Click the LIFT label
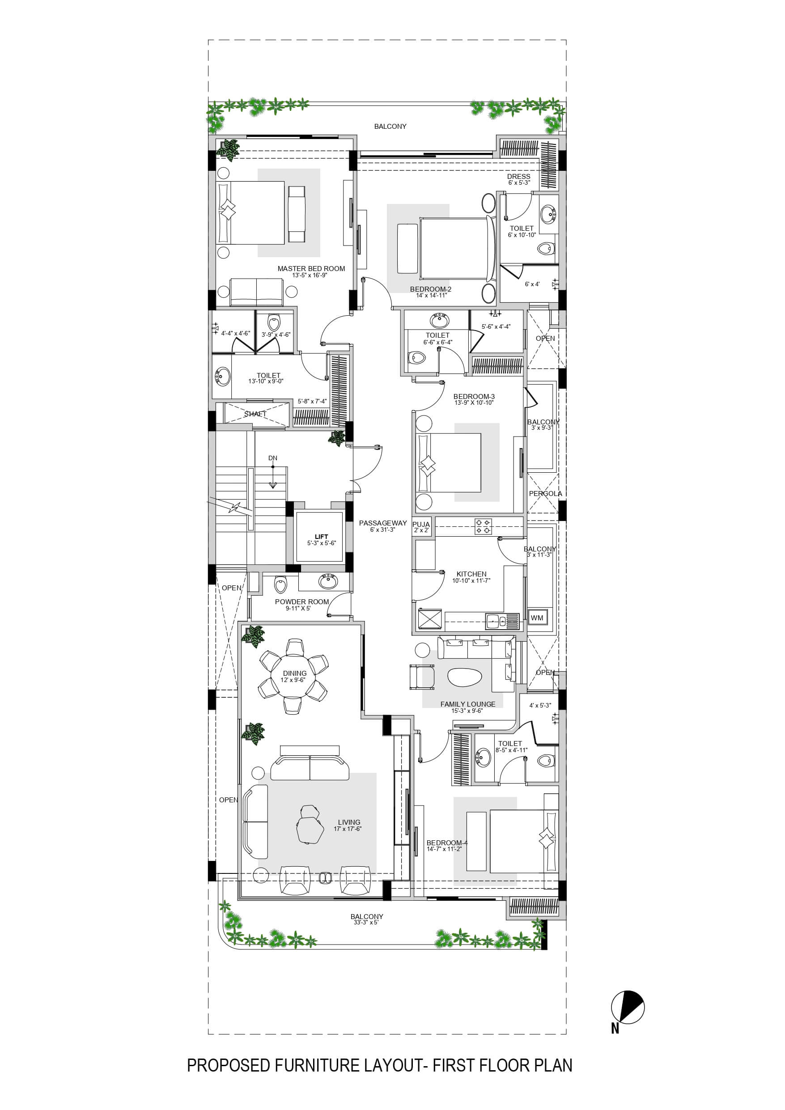[x=321, y=537]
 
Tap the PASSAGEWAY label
[x=382, y=523]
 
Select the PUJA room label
[x=421, y=525]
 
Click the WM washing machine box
[x=537, y=618]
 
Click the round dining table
[x=295, y=676]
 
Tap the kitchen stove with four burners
[x=483, y=526]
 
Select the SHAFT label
[x=255, y=414]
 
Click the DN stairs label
[x=273, y=458]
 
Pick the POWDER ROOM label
[x=302, y=602]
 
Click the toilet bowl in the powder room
[x=280, y=585]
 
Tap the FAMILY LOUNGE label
[x=468, y=704]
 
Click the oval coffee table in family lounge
[x=465, y=677]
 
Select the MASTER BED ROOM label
[x=311, y=268]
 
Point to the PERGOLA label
[x=545, y=494]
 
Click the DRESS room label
[x=518, y=177]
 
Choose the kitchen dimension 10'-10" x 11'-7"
[x=471, y=580]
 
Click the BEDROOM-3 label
[x=474, y=396]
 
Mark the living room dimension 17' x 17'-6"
[x=347, y=829]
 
